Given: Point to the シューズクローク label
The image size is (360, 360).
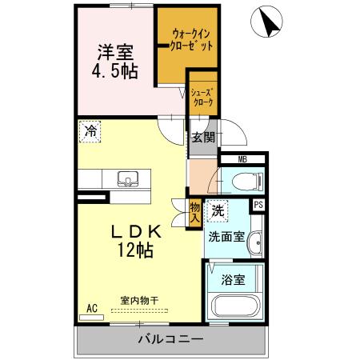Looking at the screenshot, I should coord(202,97).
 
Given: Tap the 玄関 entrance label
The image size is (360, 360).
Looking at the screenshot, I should coord(202,137).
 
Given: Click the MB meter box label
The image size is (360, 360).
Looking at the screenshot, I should coord(242,159).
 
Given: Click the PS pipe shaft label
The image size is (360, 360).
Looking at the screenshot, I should coord(258,205).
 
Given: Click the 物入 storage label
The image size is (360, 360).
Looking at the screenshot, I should coord(194,213).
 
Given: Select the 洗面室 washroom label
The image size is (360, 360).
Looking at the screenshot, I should coord(226,237).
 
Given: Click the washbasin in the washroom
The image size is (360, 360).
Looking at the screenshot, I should coord(254,242).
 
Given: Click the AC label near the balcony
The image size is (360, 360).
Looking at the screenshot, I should coord(91,307).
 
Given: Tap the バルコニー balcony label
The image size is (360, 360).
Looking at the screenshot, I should coord(170,339).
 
